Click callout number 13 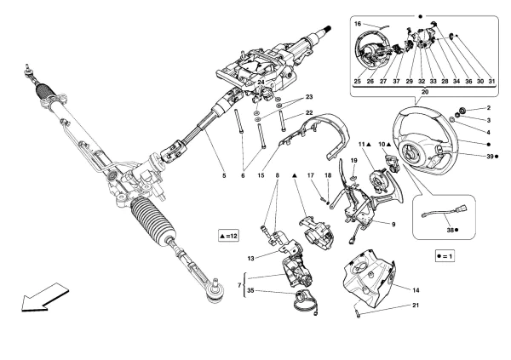tap(250, 257)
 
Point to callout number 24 tap(261, 83)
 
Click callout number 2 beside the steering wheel tap(489, 108)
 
